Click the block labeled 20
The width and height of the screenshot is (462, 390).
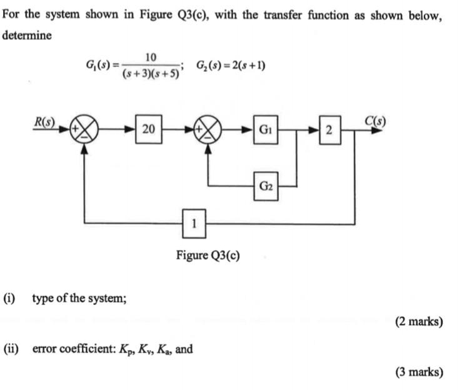pos(149,129)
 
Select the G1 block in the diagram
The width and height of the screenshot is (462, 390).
pos(266,129)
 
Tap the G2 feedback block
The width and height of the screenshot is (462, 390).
pos(266,186)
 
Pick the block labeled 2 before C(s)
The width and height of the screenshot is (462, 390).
pos(330,129)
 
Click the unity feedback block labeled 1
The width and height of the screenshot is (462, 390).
pos(194,224)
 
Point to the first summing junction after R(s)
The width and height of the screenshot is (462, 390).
pos(84,129)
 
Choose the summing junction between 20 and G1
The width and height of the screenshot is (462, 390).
pos(208,129)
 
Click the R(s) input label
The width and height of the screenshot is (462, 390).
pos(44,122)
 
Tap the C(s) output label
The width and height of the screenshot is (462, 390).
pos(374,121)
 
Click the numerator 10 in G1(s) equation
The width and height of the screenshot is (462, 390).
pos(151,57)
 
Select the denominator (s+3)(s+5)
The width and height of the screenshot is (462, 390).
pos(151,74)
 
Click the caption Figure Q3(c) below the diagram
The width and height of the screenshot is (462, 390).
pos(208,255)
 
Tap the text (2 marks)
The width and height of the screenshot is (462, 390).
pos(419,321)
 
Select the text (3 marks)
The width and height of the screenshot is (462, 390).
pos(419,372)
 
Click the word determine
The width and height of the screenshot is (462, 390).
pos(27,36)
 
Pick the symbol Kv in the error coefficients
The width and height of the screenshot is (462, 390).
pos(145,349)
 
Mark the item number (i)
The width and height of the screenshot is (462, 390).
pos(9,298)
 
